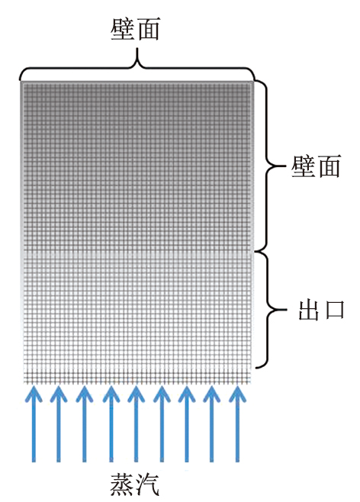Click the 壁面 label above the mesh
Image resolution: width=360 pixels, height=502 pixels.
click(x=135, y=29)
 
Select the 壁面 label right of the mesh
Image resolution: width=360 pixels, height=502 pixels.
click(x=316, y=166)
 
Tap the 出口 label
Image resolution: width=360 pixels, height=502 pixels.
click(x=321, y=310)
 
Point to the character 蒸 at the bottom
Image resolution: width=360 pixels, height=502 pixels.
click(x=122, y=484)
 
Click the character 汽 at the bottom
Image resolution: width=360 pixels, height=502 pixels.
click(x=147, y=484)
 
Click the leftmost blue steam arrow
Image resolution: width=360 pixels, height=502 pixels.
click(x=34, y=423)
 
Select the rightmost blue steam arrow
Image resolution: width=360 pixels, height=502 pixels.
click(x=237, y=423)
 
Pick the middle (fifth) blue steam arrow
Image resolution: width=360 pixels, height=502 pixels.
click(x=136, y=423)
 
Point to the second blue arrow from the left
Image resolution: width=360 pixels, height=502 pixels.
click(x=59, y=423)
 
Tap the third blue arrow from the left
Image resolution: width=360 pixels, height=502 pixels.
click(x=85, y=423)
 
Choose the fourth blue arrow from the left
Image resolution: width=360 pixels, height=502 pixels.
click(x=111, y=423)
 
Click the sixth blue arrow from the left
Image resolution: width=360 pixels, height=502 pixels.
click(x=162, y=423)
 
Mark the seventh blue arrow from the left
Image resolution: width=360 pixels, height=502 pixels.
click(x=187, y=423)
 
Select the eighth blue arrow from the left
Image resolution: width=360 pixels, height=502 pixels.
click(x=211, y=423)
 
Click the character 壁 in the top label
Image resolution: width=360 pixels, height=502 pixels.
click(x=122, y=29)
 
